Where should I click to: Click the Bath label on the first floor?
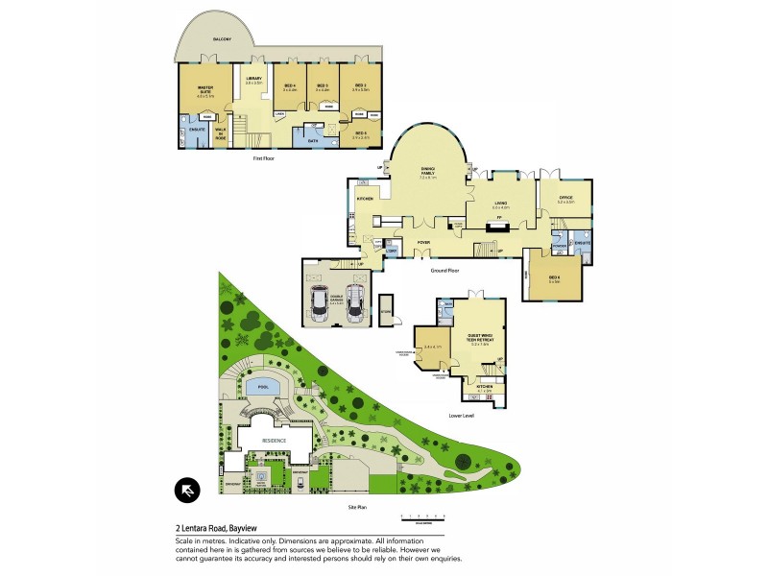coord(312,141)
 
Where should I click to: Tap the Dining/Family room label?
coord(427,173)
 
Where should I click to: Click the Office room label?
coord(564,199)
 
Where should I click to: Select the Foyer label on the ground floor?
coord(422,242)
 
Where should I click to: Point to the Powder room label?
coord(558,244)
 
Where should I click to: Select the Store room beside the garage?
coord(386,309)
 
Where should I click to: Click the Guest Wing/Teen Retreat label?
coord(479,338)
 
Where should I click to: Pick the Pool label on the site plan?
coord(260,388)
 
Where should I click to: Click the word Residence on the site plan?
coord(275,440)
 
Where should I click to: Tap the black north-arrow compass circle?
coord(185,491)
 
